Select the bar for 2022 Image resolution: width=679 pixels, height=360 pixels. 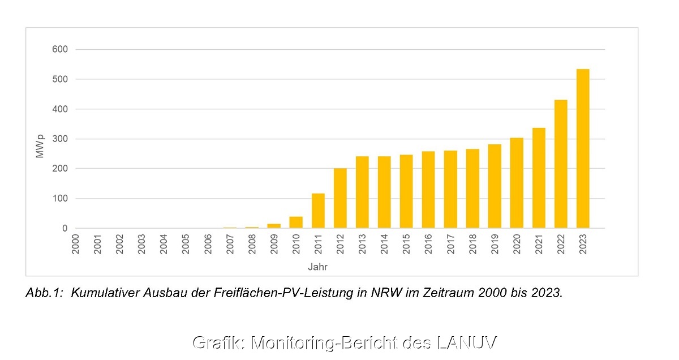(x=561, y=164)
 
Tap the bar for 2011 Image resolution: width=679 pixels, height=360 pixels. (x=318, y=211)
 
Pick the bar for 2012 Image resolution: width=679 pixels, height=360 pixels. (x=340, y=198)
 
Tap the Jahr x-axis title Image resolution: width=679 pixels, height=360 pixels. (x=317, y=266)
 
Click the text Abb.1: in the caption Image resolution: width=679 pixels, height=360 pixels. (x=45, y=293)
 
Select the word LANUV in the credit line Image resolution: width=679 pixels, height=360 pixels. (x=467, y=343)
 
